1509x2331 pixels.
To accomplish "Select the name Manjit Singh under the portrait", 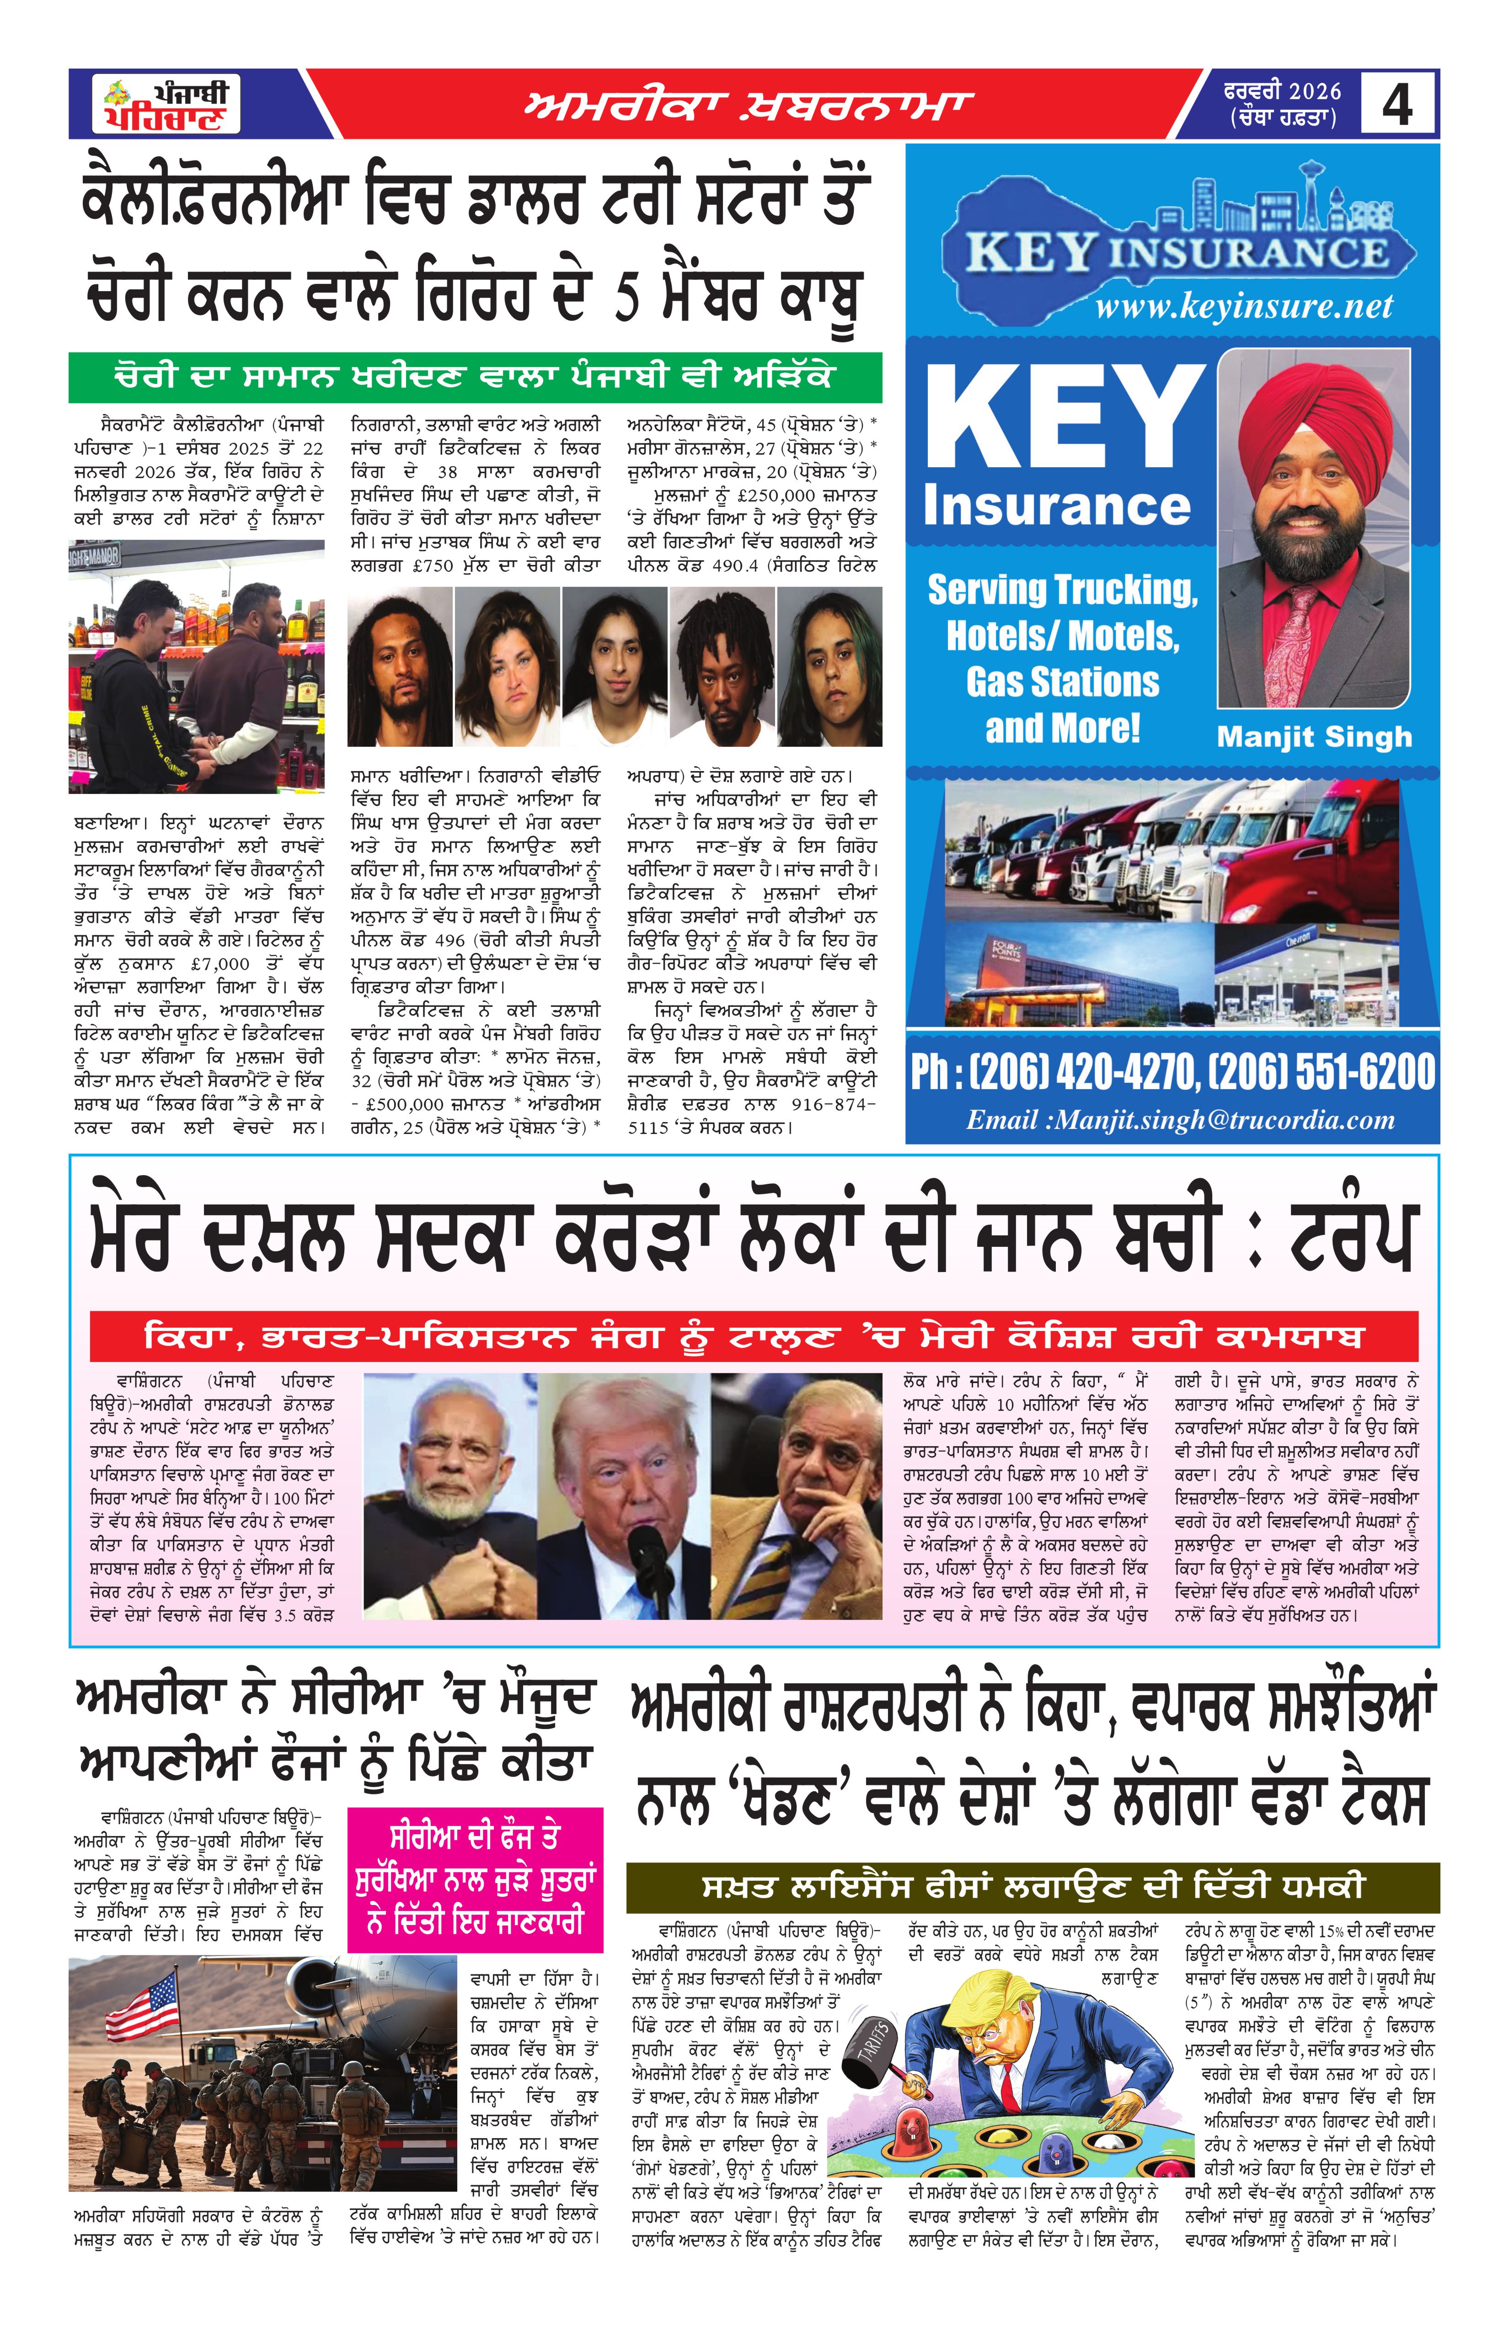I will [1314, 736].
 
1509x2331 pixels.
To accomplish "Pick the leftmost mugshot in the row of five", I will [400, 666].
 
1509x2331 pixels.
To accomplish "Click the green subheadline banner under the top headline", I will [475, 377].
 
